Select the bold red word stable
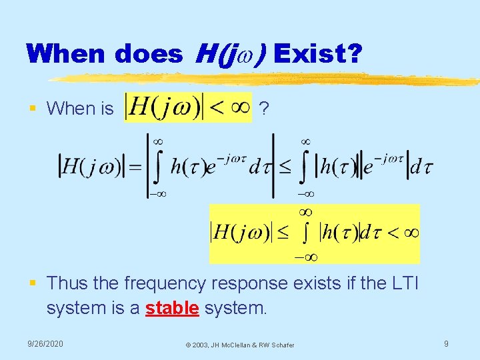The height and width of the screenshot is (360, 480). coord(172,309)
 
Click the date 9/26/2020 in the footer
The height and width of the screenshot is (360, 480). coord(45,343)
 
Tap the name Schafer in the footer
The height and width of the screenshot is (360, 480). coord(281,345)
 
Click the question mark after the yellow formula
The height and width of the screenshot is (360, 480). coord(265,108)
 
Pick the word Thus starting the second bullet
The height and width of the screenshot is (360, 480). coord(67,283)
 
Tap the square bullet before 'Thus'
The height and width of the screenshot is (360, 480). coord(32,283)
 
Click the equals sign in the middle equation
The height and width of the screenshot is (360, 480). coord(135,167)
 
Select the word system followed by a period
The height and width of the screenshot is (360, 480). coord(235,309)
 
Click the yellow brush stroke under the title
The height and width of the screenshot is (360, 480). coord(267,79)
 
